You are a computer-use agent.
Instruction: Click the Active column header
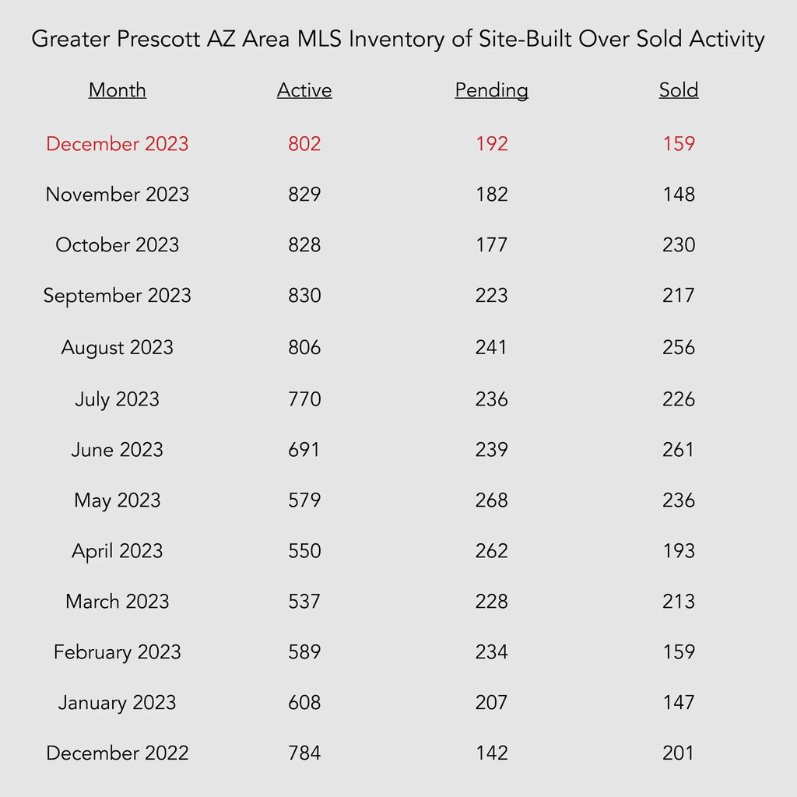[x=304, y=90]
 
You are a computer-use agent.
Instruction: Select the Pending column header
[x=492, y=90]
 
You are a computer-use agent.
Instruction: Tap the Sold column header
[x=679, y=90]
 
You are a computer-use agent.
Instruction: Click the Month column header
[x=118, y=90]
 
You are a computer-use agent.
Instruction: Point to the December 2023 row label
[x=118, y=144]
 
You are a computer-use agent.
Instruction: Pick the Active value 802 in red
[x=304, y=144]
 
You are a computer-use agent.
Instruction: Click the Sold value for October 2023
[x=679, y=245]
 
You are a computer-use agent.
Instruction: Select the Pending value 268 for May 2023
[x=492, y=500]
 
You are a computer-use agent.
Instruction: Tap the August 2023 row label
[x=118, y=348]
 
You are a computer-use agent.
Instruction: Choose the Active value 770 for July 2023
[x=304, y=399]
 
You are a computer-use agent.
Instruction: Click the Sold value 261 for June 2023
[x=679, y=449]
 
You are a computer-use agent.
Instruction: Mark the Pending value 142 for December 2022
[x=492, y=753]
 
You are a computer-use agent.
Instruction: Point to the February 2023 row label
[x=118, y=652]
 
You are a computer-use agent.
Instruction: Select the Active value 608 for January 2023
[x=304, y=703]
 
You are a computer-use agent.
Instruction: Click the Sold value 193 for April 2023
[x=679, y=551]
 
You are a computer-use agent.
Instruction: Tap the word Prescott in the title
[x=159, y=39]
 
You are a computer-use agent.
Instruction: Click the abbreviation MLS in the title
[x=319, y=39]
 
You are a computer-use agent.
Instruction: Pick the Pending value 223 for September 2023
[x=492, y=295]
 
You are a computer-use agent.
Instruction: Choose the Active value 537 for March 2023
[x=304, y=602]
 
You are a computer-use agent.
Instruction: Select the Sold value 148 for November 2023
[x=679, y=194]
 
